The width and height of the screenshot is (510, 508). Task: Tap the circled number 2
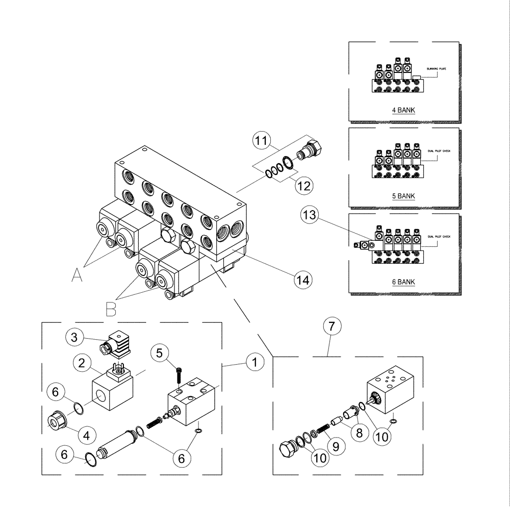(81, 364)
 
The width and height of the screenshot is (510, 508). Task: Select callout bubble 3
(74, 337)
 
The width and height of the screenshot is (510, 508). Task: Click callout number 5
(160, 352)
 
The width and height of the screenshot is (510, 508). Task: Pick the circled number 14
(302, 279)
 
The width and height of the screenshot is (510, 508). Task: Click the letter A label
(76, 276)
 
